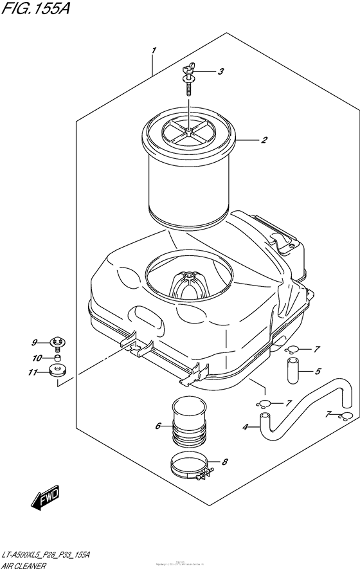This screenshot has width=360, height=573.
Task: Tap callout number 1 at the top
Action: click(x=153, y=50)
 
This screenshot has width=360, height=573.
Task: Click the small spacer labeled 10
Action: click(x=58, y=358)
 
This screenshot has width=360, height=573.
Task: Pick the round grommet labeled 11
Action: click(x=58, y=371)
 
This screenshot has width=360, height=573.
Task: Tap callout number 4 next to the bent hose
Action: click(x=245, y=426)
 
